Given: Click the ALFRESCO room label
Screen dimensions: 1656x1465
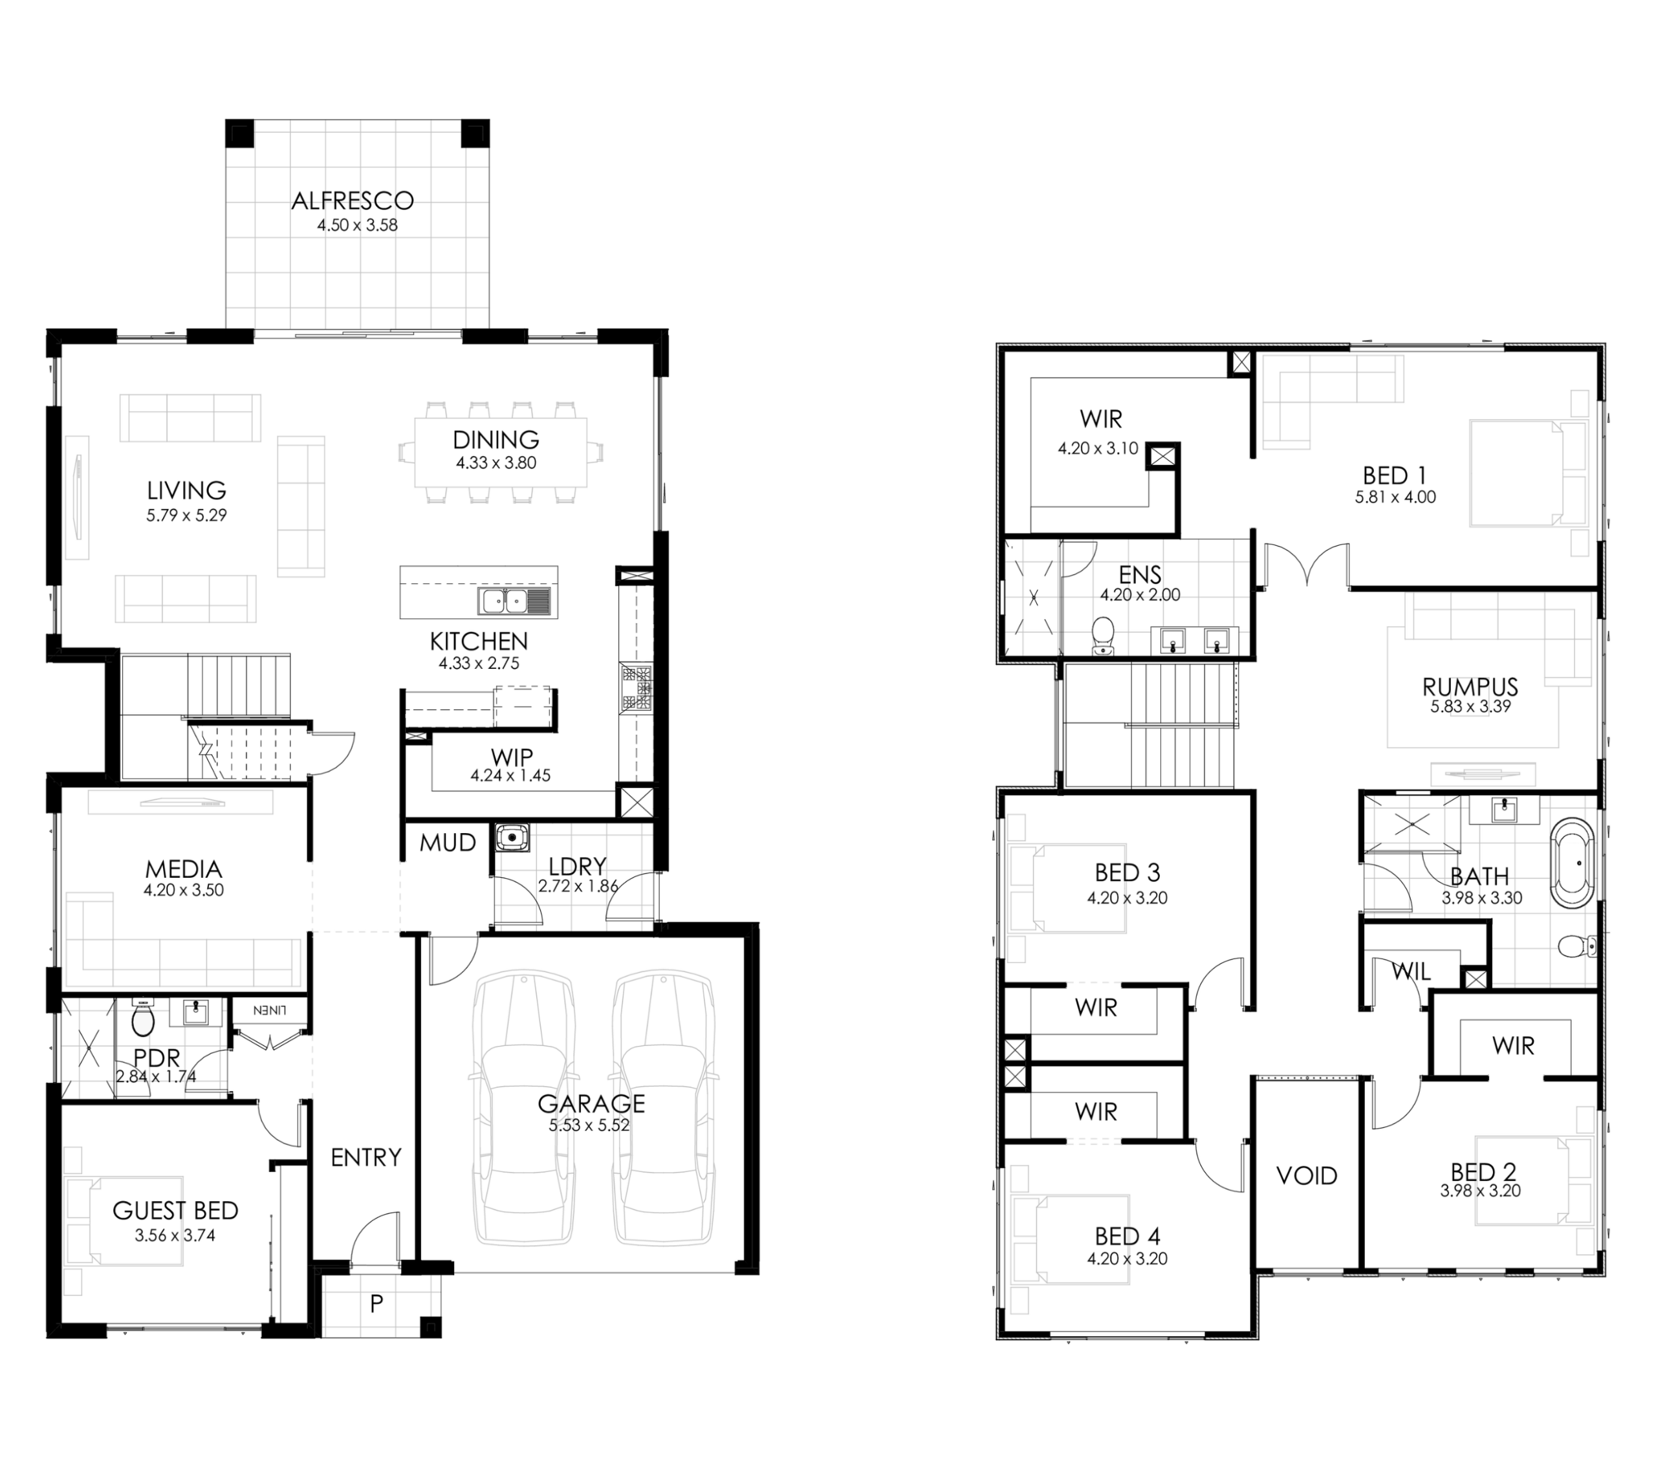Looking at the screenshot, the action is click(x=353, y=200).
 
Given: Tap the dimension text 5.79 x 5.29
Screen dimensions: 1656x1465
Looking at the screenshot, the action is click(x=186, y=515).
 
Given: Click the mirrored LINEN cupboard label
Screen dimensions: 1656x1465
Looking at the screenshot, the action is click(x=270, y=1010).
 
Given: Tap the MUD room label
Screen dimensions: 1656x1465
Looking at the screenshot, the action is click(x=447, y=843).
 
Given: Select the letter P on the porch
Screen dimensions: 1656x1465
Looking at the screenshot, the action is click(x=376, y=1304).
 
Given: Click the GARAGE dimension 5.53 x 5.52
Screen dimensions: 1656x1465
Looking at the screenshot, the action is click(x=589, y=1125).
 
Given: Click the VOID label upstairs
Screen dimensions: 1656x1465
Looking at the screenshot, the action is click(x=1306, y=1176).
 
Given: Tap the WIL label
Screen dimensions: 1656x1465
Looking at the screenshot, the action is click(x=1411, y=971).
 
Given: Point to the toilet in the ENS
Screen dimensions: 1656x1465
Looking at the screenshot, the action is click(x=1103, y=635).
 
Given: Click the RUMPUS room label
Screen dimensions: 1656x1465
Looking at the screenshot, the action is click(x=1470, y=687).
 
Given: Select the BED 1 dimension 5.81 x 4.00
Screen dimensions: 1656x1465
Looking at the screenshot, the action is click(x=1395, y=497).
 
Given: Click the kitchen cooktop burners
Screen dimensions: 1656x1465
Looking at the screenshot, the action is click(x=637, y=689).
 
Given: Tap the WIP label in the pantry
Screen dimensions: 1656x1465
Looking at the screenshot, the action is click(x=511, y=757).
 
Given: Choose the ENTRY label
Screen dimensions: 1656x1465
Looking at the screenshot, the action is click(x=366, y=1157).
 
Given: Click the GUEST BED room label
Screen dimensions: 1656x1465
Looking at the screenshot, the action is click(x=175, y=1211).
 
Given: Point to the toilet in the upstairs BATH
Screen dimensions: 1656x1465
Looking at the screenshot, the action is click(x=1576, y=946).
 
